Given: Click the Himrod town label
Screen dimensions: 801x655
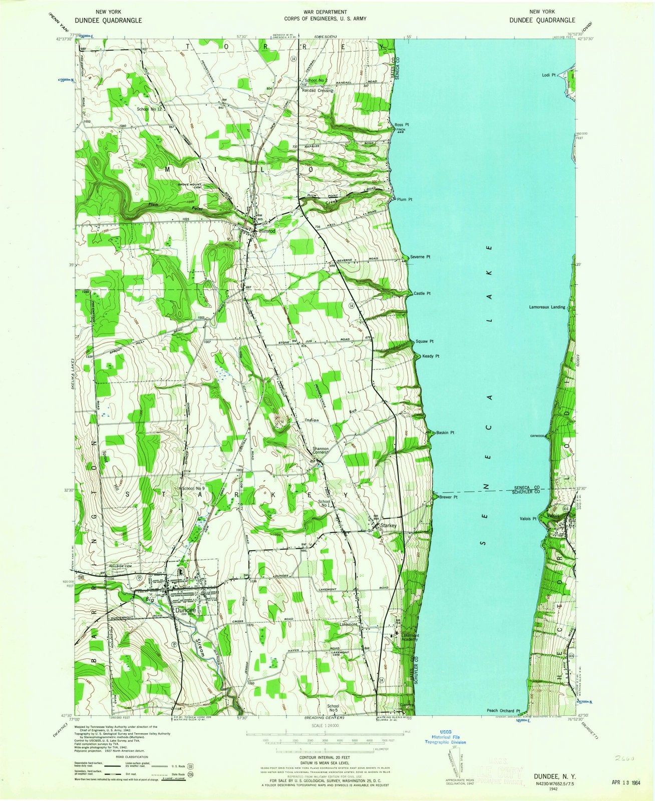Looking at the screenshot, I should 267,232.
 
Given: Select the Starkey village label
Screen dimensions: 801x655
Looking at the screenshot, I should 389,526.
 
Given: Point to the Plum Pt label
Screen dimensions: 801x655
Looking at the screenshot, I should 404,199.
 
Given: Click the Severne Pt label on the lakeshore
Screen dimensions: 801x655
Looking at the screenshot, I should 421,257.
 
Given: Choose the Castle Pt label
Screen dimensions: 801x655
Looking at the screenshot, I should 422,293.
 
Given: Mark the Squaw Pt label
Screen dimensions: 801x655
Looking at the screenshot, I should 424,341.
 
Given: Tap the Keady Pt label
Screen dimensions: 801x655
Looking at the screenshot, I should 430,356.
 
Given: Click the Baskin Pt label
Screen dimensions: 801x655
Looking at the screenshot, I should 445,433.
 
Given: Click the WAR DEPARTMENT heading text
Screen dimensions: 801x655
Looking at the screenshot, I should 326,12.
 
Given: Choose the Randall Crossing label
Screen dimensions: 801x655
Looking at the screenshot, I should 317,91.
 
